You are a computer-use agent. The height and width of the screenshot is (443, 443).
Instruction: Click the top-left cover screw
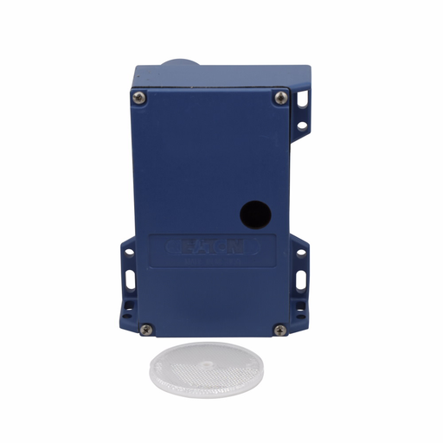[138, 95]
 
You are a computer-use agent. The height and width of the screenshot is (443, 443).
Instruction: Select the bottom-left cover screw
[146, 329]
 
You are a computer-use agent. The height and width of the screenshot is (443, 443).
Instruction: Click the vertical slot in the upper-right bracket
[302, 102]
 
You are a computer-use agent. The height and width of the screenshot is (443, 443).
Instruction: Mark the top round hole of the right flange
[303, 253]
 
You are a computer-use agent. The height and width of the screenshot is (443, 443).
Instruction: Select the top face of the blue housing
[221, 76]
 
